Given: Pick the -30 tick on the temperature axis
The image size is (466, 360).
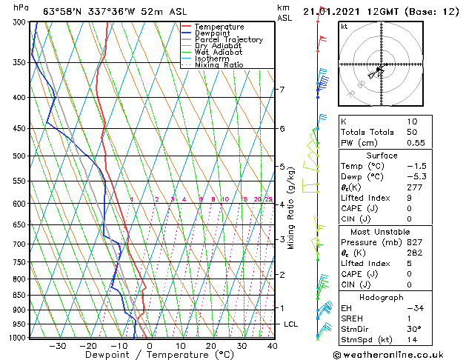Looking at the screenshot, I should coord(58,345).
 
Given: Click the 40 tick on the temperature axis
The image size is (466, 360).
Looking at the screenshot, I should coord(273,345).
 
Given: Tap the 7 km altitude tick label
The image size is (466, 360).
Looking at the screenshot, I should coord(282,90).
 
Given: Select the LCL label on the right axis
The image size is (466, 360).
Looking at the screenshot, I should coord(291,324).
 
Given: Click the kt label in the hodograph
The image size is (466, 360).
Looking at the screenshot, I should coord(344,27).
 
